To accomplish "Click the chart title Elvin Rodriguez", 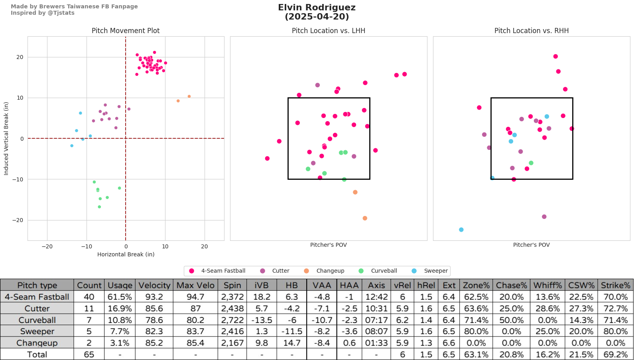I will [317, 8].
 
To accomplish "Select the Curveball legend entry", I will [384, 271].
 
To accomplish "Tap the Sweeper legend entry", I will [435, 271].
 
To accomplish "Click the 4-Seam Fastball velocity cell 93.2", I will [154, 297].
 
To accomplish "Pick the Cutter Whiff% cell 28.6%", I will [547, 309].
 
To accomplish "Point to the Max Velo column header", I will [195, 285].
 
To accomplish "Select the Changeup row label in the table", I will [37, 343].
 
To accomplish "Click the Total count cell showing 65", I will [89, 354].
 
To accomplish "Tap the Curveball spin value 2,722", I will [232, 320].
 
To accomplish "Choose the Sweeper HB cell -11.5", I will [292, 331].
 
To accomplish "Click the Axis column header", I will [376, 285].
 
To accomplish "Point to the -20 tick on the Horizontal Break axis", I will [47, 246].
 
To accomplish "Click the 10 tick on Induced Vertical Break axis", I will [20, 98].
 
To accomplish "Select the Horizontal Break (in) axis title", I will [126, 254].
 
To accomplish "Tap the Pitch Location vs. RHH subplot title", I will [531, 31].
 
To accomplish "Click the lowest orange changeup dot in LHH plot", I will [365, 218].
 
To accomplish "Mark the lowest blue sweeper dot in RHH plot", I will [461, 230].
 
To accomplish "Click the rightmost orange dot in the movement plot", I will [189, 96].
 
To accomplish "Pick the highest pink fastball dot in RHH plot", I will [555, 57].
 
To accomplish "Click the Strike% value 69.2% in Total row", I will [615, 354].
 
